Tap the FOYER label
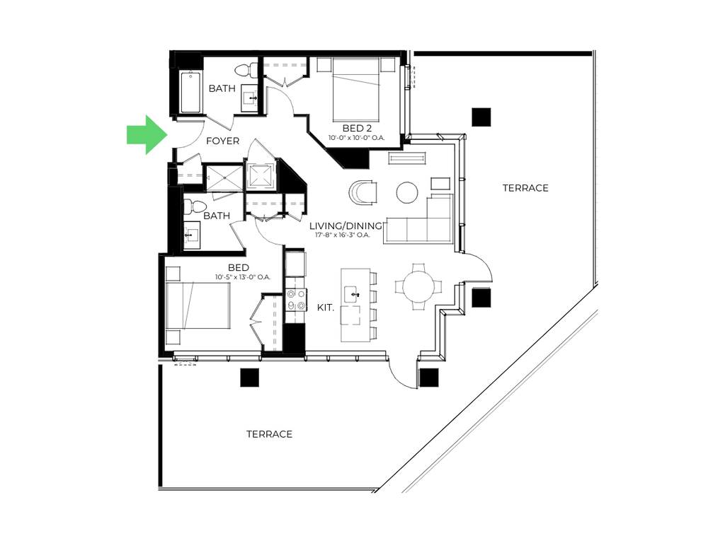(222, 141)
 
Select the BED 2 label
(357, 128)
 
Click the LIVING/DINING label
(346, 226)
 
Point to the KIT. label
(326, 308)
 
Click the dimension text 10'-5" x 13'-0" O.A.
(243, 277)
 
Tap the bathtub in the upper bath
(190, 92)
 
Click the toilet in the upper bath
(246, 70)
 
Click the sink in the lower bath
(191, 235)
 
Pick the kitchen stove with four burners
(296, 300)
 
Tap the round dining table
(418, 287)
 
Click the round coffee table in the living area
(407, 192)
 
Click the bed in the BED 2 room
(356, 88)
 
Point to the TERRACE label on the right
(525, 188)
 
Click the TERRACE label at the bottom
(269, 434)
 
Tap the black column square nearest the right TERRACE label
(481, 117)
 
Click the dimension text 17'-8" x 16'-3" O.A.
(343, 235)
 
